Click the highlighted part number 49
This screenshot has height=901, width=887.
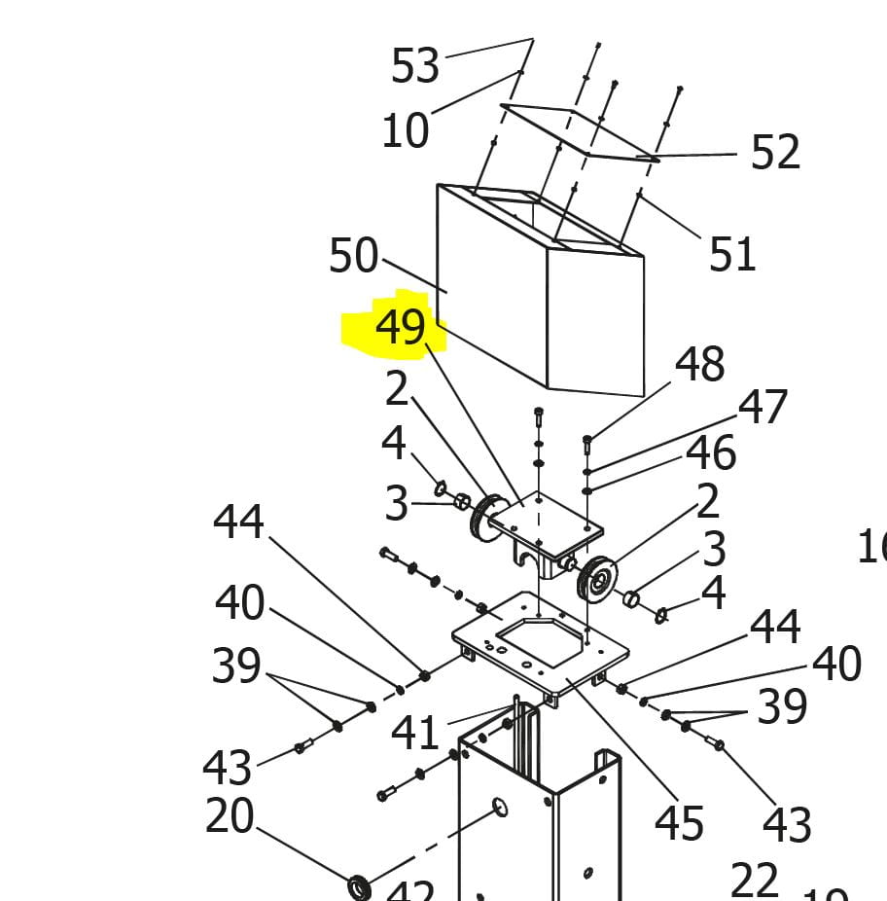401,327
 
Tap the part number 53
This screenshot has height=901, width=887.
415,66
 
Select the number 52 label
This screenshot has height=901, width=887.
775,153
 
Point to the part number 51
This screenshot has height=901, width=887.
732,254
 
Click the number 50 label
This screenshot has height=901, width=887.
353,256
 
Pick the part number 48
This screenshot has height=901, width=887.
700,365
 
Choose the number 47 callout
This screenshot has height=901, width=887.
763,407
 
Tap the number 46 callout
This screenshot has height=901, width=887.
711,452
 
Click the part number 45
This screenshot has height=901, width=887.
679,823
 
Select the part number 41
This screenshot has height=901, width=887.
415,733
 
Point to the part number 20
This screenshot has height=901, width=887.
230,816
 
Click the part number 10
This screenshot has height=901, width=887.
405,130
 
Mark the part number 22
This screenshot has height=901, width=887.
754,881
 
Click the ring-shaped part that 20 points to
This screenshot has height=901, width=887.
360,886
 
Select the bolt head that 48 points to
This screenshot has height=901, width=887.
586,441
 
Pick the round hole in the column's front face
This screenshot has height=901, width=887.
499,807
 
